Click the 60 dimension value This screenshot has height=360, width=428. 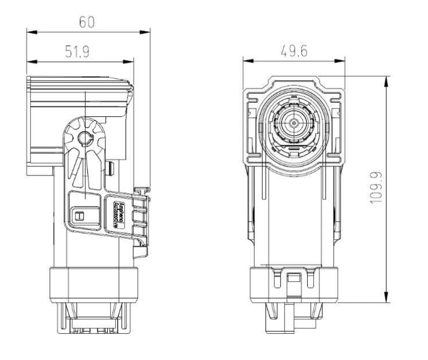pos(86,23)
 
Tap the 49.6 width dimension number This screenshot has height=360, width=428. pos(293,51)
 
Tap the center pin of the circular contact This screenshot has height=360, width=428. pos(294,122)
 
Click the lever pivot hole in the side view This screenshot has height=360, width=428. pos(85,136)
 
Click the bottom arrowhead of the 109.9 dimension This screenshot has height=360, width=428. pos(387,299)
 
